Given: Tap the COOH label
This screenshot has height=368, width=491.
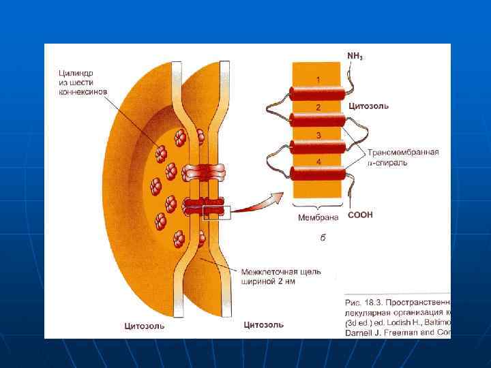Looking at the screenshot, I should click(x=360, y=215).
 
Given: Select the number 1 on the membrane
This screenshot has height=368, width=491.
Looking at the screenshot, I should click(x=318, y=80).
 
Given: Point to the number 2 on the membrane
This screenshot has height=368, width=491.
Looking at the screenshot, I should click(x=318, y=108).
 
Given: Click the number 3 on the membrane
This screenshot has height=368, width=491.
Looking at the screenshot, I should click(x=318, y=135).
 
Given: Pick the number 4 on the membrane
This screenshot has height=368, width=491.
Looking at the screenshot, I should click(x=318, y=162).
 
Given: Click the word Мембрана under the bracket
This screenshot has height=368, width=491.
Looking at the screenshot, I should click(x=318, y=218).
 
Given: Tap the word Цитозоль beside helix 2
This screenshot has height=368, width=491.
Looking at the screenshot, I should click(x=368, y=106).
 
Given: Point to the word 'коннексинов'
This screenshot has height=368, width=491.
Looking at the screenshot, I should click(x=81, y=93).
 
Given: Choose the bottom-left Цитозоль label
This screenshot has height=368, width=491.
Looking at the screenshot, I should click(x=144, y=326).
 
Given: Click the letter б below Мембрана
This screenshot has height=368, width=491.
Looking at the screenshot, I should click(x=322, y=238).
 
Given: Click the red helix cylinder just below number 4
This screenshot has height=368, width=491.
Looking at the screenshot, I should click(x=318, y=174).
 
